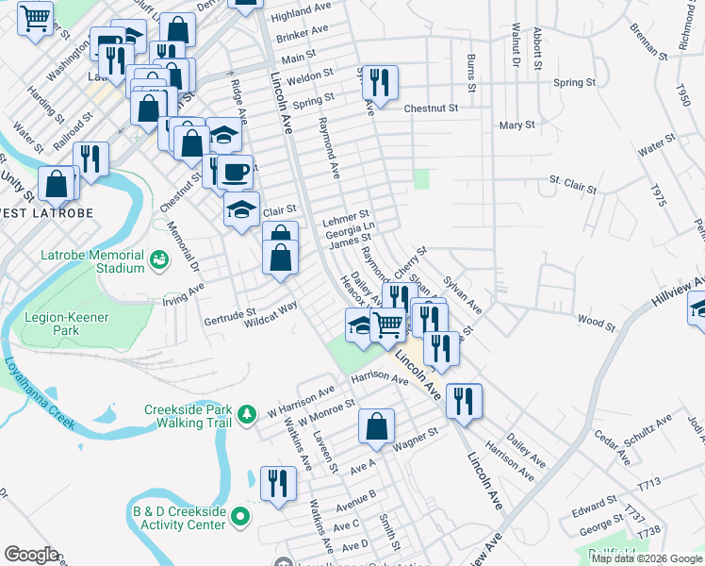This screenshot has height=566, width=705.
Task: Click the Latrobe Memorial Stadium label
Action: point(92,261)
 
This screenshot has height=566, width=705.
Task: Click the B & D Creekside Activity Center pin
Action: point(240,516)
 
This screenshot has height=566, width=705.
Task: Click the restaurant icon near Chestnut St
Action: point(381,83)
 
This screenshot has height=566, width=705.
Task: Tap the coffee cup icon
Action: point(237,172)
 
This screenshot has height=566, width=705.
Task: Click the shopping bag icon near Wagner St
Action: point(376,425)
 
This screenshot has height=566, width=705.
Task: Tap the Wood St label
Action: point(596,324)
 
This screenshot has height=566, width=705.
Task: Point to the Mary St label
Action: point(517,125)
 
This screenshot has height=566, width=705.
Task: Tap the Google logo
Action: point(31,555)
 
